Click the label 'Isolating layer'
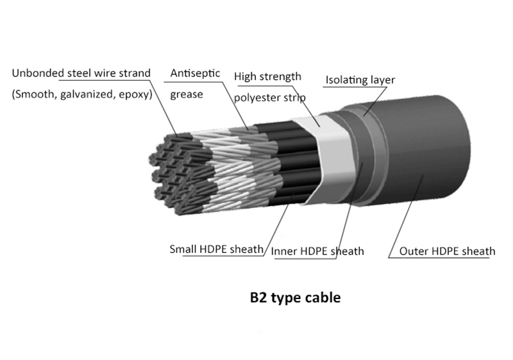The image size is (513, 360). (x=360, y=80)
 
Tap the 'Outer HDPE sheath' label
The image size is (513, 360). (x=447, y=252)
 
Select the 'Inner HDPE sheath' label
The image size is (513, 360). (x=317, y=252)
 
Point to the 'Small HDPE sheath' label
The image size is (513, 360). (x=216, y=250)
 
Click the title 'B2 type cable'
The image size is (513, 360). (x=295, y=298)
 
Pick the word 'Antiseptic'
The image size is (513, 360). (x=195, y=73)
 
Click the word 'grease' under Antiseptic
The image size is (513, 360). (x=187, y=94)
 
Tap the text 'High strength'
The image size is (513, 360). (x=267, y=76)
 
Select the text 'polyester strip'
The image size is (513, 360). (x=270, y=98)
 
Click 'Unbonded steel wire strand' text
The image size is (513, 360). (x=81, y=73)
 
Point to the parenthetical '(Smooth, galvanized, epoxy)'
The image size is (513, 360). (x=82, y=94)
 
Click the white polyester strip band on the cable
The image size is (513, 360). (x=330, y=157)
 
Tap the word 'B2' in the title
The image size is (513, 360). (x=259, y=298)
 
